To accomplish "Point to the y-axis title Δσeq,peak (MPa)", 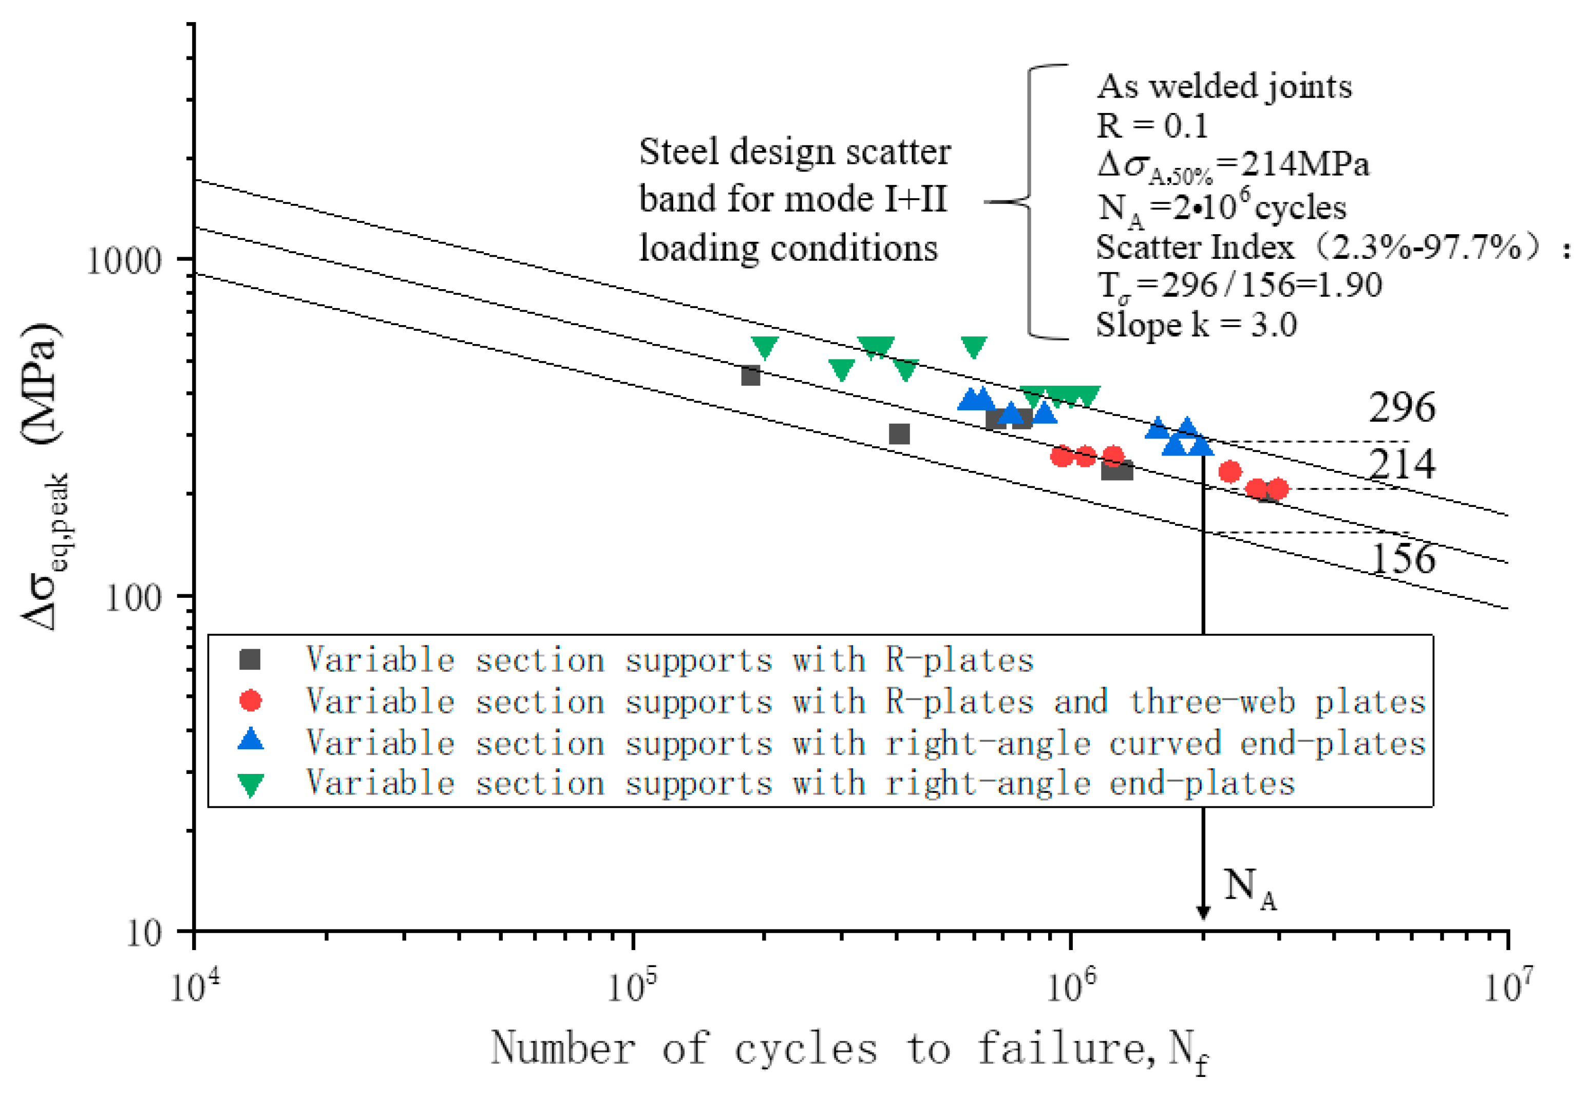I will tap(45, 475).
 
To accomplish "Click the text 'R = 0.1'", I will tap(1152, 126).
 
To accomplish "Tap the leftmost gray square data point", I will tap(750, 375).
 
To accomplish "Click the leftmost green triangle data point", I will tap(765, 347).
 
